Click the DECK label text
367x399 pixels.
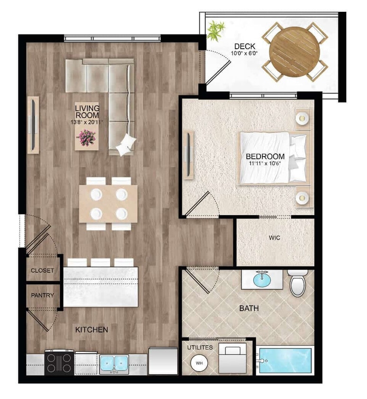244,46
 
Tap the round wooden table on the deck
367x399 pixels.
295,52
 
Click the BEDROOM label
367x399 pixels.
265,156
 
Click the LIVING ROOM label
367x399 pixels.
87,112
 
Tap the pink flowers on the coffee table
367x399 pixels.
86,138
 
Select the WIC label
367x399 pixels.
274,238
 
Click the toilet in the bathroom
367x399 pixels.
298,283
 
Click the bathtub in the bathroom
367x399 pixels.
285,361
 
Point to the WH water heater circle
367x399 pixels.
199,363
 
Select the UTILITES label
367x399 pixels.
200,347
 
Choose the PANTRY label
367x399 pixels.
43,295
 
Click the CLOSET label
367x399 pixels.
43,271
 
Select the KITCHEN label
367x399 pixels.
92,330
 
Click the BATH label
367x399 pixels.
249,308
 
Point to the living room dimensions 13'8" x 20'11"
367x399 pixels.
87,122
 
